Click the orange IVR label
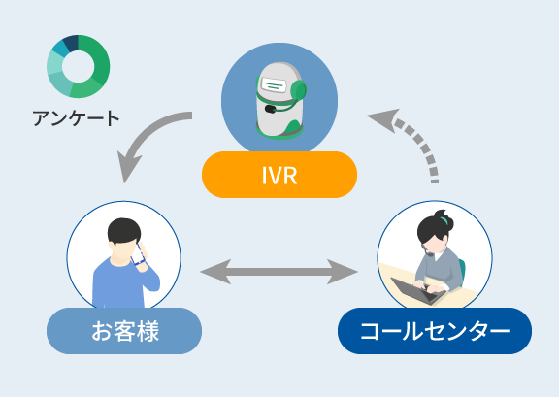point(279,175)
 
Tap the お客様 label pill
point(124,331)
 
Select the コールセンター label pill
point(435,331)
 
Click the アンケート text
point(76,118)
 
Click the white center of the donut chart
point(78,66)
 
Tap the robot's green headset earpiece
point(299,91)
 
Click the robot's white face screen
point(274,84)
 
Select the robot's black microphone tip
point(270,109)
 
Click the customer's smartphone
point(138,253)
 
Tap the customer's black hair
point(124,231)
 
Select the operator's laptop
point(418,290)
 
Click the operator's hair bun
point(444,218)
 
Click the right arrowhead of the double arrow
point(343,272)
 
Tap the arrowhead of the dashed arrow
point(383,119)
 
